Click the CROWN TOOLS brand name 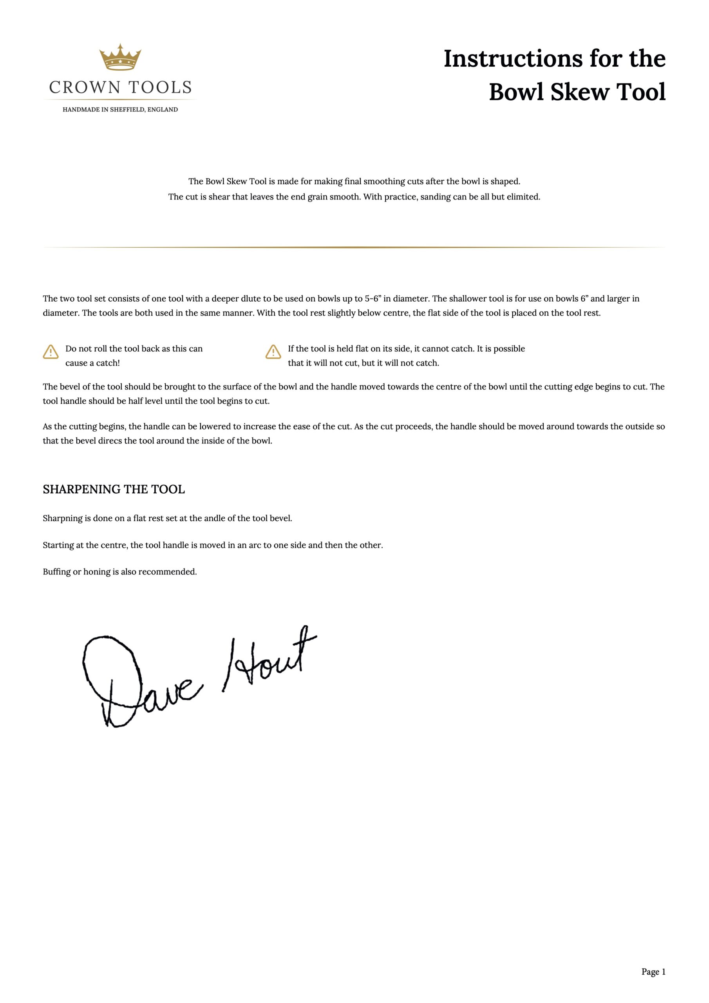(x=120, y=88)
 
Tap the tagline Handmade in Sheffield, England (x=120, y=110)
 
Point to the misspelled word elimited (x=523, y=197)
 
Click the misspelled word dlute (x=251, y=299)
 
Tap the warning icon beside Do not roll (x=51, y=352)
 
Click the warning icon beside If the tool (x=273, y=352)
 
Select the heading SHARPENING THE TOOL (x=114, y=489)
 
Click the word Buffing (x=56, y=572)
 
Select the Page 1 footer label (x=653, y=972)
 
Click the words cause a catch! (x=92, y=363)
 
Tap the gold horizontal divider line (x=354, y=247)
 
